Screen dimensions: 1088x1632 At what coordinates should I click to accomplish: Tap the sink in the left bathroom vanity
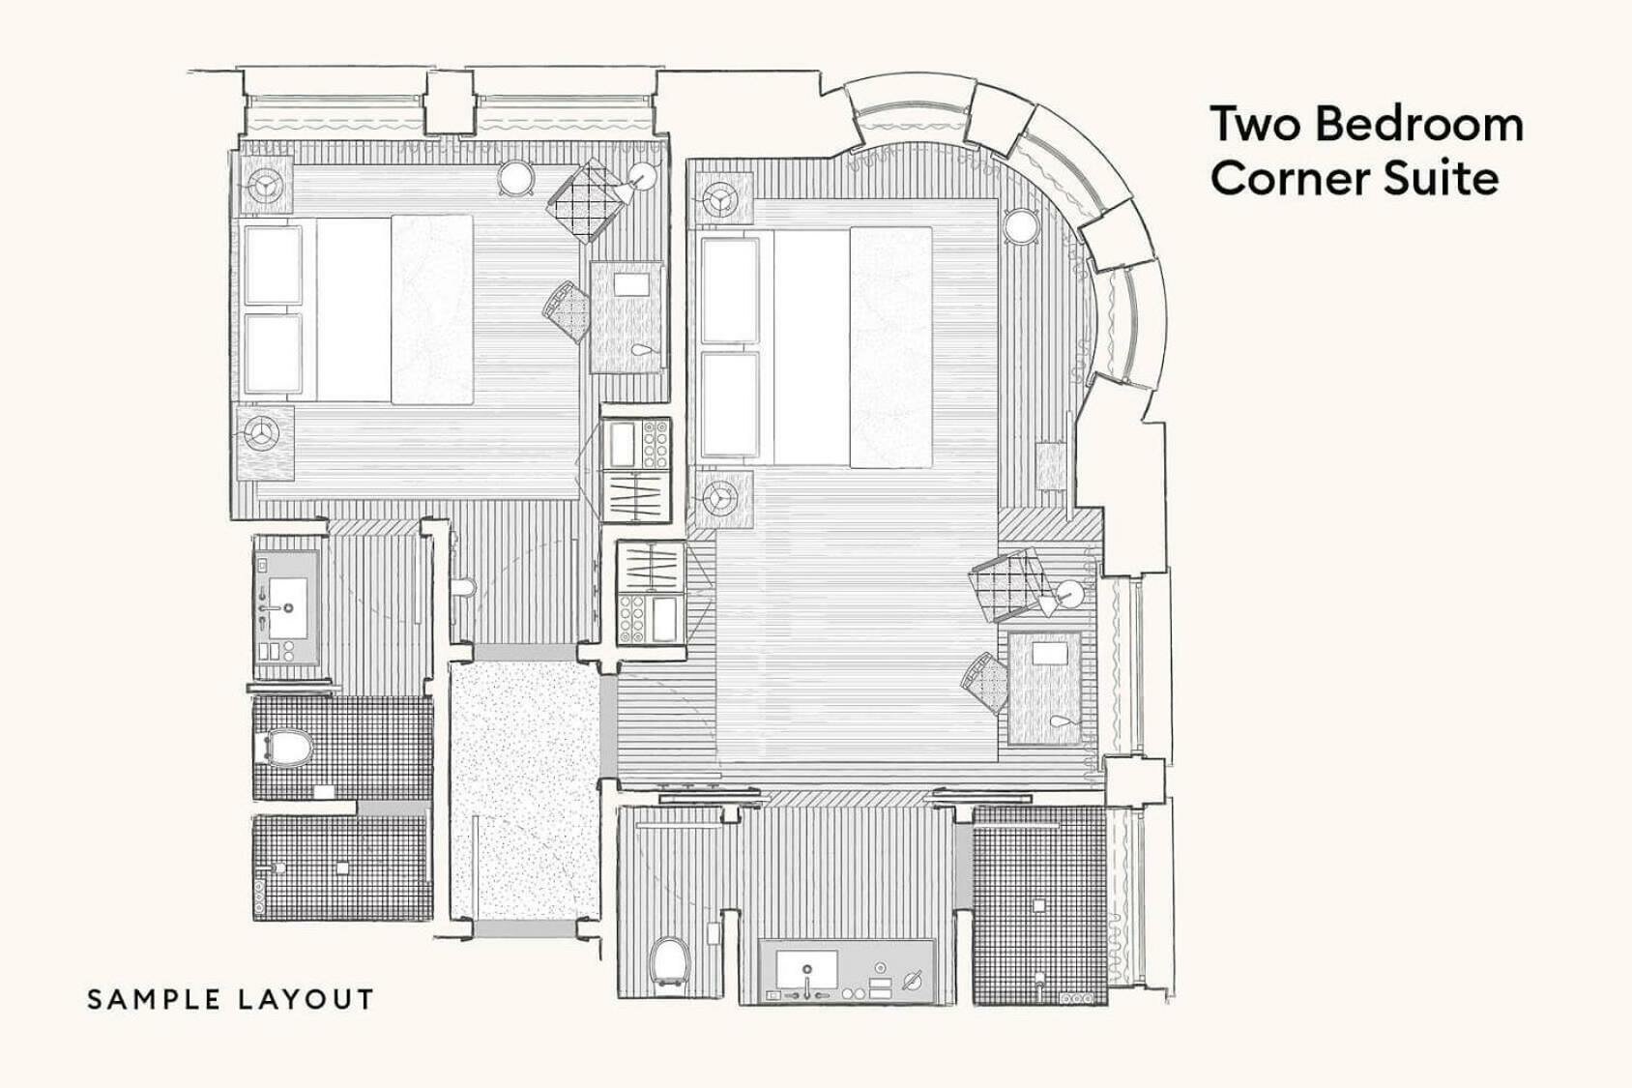click(287, 596)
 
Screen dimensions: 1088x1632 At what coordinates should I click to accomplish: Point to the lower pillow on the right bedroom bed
click(730, 404)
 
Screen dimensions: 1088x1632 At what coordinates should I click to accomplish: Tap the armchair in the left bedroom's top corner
click(584, 201)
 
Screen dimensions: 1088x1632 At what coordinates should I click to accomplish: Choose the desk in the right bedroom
click(1045, 688)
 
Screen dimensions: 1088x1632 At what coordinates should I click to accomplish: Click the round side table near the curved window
click(1020, 228)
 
